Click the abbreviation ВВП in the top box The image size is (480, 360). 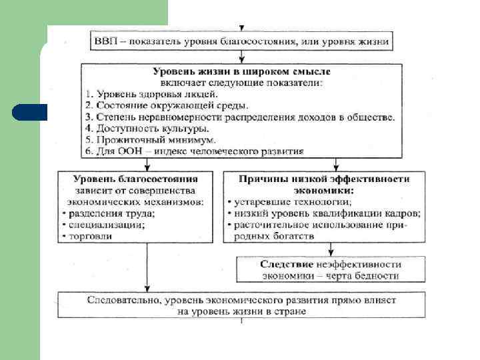[x=103, y=41]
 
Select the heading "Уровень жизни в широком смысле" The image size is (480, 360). [x=241, y=71]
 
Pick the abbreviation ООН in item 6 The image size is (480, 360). [x=131, y=151]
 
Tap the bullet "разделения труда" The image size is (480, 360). [x=109, y=213]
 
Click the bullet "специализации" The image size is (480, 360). [x=106, y=225]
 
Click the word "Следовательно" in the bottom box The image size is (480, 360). [x=121, y=300]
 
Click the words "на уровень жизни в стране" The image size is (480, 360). [x=241, y=311]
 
